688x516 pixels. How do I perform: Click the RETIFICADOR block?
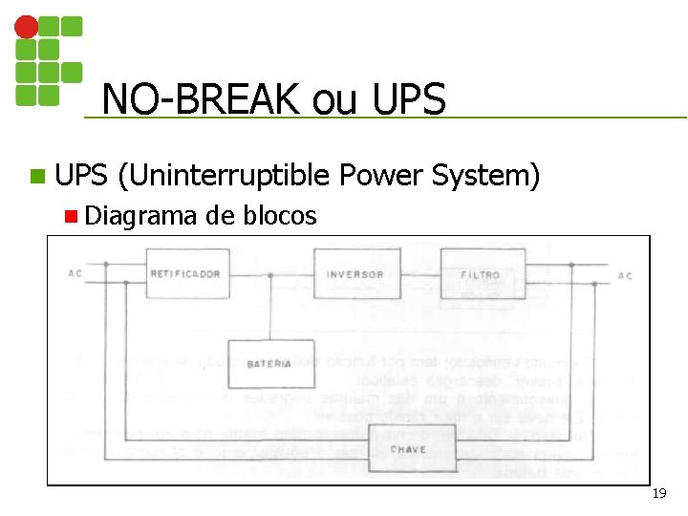point(184,273)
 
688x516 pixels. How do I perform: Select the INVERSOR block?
point(355,274)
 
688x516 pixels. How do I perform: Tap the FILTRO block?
point(482,274)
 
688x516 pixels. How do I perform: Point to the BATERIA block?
point(270,364)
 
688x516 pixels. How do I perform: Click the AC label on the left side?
point(75,275)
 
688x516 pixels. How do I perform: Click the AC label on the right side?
point(624,276)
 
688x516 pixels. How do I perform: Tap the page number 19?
point(658,494)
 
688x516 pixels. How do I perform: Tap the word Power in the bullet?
point(381,176)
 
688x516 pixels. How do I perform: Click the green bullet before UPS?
point(37,177)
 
